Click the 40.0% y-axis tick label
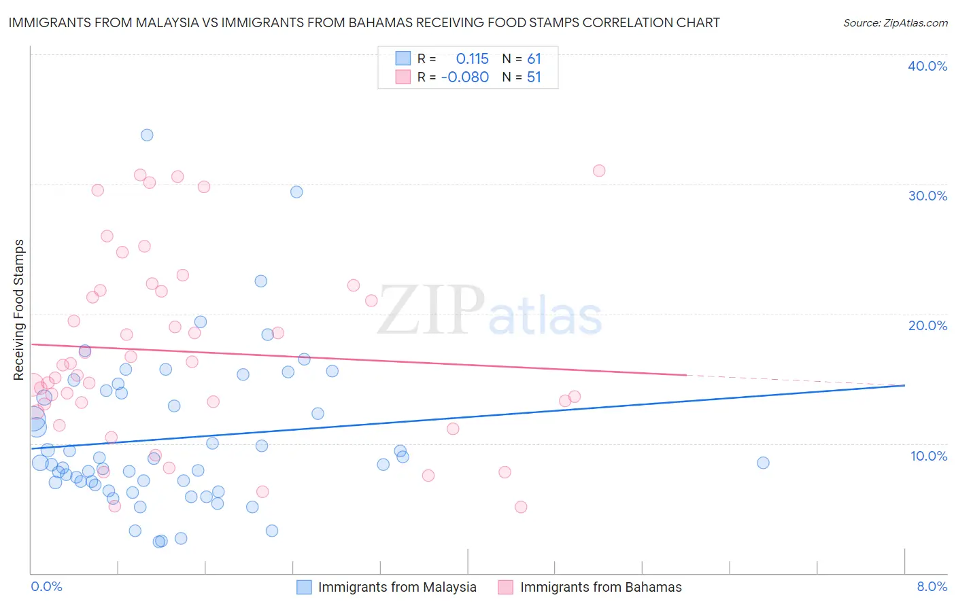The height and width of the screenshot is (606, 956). (927, 66)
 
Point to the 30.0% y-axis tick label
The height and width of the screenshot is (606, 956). (927, 196)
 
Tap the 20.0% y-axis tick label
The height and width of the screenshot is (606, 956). (927, 325)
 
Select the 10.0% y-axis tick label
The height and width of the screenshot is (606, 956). (928, 456)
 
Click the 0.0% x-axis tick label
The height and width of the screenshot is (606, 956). (47, 586)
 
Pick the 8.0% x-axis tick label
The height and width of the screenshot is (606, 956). (932, 586)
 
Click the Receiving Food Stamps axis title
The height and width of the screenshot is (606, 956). (19, 309)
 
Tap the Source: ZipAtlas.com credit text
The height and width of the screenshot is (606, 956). (895, 23)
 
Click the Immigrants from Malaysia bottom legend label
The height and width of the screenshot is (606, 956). (397, 587)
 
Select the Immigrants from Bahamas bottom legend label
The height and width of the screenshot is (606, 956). (601, 587)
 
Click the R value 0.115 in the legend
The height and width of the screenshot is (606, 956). (472, 59)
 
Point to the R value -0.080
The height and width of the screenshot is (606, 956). (465, 77)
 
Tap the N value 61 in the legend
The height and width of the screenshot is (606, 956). (534, 59)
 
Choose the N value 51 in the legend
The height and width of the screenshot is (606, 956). (534, 77)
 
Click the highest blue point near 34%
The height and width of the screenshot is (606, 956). (147, 135)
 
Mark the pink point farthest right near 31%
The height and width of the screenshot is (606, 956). (599, 171)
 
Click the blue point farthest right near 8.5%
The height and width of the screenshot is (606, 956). (763, 463)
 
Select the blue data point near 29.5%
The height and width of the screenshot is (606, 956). (296, 192)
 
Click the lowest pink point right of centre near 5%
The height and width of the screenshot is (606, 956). (521, 507)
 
